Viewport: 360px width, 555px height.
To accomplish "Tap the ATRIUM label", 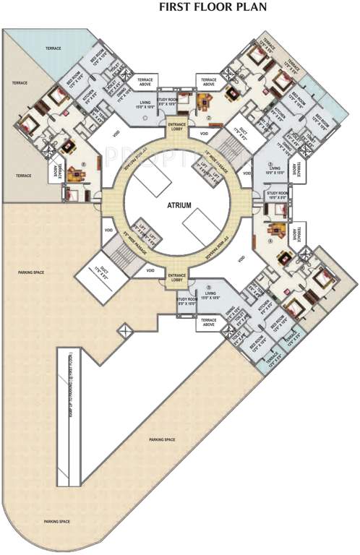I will (180, 205).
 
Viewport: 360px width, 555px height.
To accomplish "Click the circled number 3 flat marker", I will (270, 165).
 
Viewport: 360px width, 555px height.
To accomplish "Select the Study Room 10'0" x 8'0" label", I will (278, 196).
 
